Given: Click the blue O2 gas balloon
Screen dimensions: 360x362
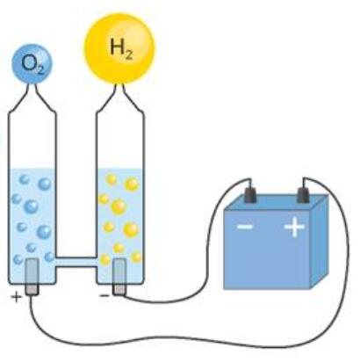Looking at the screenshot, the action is (x=32, y=63).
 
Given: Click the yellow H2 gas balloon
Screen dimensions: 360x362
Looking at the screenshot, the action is (x=119, y=48).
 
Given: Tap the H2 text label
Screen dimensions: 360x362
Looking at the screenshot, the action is (x=121, y=48).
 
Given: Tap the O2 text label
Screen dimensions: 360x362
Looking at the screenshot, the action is (x=33, y=64).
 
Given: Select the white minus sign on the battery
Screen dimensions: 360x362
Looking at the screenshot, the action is (x=245, y=227).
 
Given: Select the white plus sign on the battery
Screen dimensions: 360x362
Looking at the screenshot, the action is (x=295, y=226).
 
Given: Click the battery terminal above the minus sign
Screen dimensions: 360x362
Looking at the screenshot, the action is (x=250, y=195).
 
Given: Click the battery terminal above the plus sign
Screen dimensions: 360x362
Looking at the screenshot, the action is (x=303, y=195).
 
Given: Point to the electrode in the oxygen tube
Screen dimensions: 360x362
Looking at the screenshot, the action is (x=32, y=277).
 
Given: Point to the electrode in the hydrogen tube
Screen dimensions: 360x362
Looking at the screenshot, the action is (x=119, y=277).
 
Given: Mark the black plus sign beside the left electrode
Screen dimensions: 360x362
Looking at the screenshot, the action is (x=17, y=297).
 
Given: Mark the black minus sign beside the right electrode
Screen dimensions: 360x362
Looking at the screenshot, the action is (x=104, y=296).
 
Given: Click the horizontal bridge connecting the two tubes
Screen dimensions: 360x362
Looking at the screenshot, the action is (x=76, y=262).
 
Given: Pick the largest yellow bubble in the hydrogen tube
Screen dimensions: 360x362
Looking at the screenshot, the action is (x=119, y=206).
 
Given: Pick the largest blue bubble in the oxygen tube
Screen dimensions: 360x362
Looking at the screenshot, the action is (x=32, y=206).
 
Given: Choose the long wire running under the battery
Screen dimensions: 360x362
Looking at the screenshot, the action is (x=187, y=339).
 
